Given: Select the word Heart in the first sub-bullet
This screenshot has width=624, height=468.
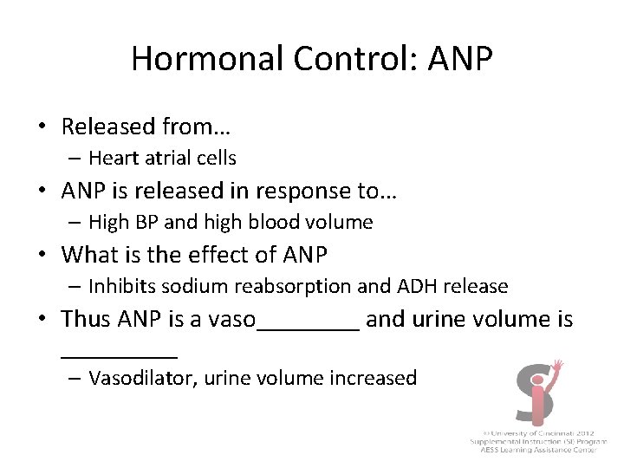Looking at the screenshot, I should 109,158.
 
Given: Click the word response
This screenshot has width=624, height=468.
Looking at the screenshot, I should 297,191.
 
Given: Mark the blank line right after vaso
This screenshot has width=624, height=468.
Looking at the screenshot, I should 309,328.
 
